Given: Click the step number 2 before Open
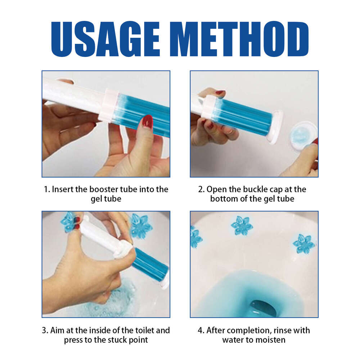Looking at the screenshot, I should click(x=201, y=189).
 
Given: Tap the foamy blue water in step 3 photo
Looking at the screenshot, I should click(x=115, y=299).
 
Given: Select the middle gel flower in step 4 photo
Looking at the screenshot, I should click(x=242, y=226).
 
